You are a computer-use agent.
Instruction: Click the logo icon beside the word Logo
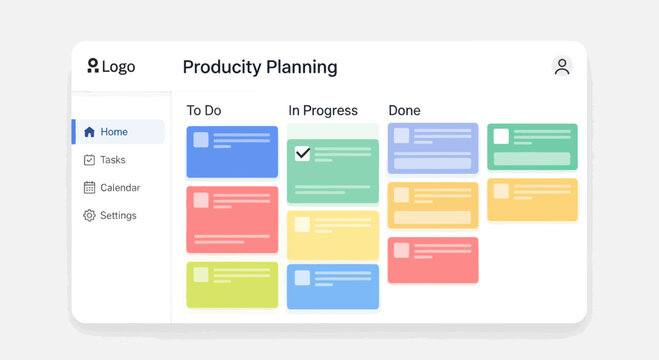(93, 66)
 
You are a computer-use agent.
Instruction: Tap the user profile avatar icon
(562, 67)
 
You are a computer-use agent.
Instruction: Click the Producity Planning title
(260, 67)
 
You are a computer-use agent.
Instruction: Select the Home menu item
(114, 132)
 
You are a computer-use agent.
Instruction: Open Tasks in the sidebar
(112, 160)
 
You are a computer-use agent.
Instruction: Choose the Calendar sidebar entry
(119, 188)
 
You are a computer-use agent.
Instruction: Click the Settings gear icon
(89, 216)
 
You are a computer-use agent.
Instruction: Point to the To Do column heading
(203, 111)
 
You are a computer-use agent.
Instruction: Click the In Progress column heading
(322, 111)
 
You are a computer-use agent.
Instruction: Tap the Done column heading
(404, 111)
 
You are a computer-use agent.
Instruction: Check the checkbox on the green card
(303, 154)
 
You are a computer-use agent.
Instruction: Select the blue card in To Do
(232, 152)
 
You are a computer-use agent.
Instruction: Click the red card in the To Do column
(232, 219)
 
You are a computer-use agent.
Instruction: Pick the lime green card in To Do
(232, 285)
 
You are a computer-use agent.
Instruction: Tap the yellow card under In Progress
(333, 235)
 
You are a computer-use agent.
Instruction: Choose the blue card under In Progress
(333, 286)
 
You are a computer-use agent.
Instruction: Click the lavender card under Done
(433, 148)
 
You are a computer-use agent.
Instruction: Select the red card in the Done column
(433, 260)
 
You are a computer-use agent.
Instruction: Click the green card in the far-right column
(532, 147)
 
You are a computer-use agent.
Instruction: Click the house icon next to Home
(89, 132)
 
